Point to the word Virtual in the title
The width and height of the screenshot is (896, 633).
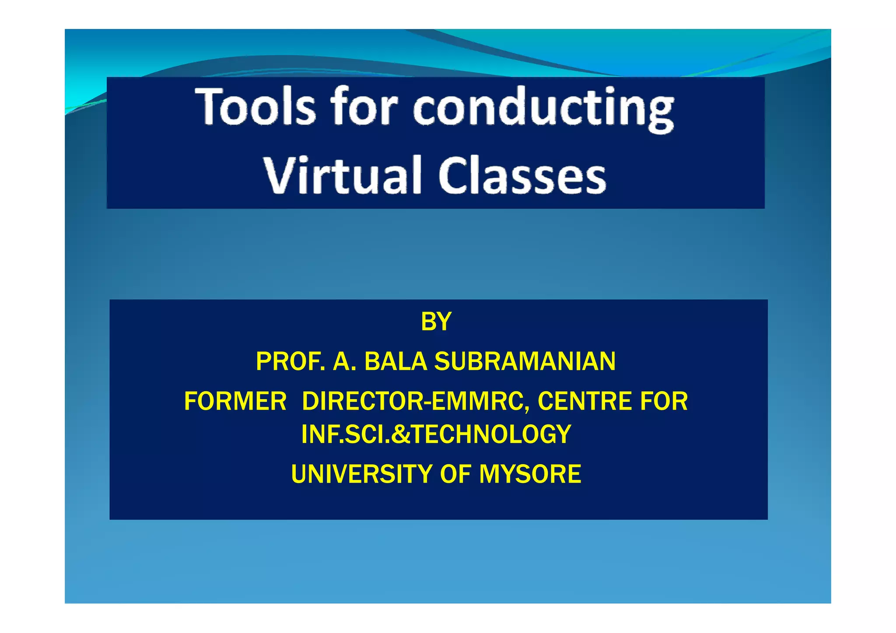click(x=341, y=175)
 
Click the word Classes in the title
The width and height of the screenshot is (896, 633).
click(x=522, y=175)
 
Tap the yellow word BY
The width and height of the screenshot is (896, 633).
click(x=436, y=322)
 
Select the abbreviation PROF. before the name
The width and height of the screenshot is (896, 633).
click(x=290, y=362)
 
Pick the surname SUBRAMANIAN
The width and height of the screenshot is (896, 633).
click(x=525, y=362)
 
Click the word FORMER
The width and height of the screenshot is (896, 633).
click(x=235, y=401)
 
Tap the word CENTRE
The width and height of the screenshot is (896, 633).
click(x=584, y=401)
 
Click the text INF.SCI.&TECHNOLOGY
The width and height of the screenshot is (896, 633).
click(x=436, y=434)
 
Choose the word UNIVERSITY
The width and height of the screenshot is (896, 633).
click(x=361, y=474)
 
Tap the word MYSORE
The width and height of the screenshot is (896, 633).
click(x=530, y=474)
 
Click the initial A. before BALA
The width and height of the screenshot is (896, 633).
click(x=344, y=362)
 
